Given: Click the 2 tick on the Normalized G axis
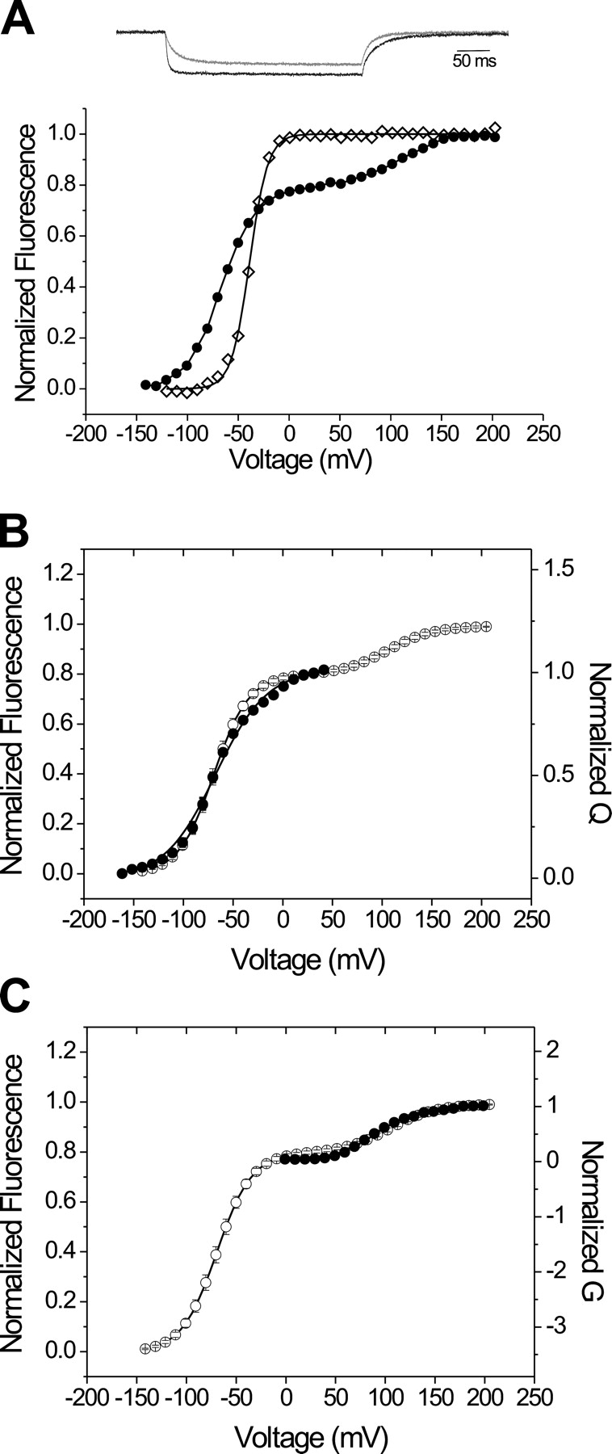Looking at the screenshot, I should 551,1049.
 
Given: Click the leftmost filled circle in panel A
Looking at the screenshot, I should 124,385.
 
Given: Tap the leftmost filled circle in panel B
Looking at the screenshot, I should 122,873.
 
